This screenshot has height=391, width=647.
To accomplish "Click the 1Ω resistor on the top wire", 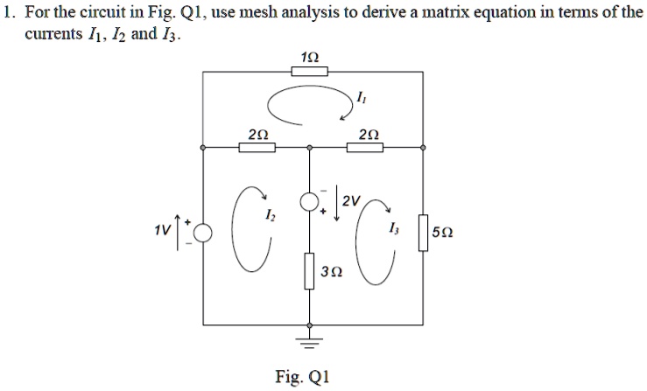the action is point(309,72).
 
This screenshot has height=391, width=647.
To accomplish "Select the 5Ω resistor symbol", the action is point(423,233).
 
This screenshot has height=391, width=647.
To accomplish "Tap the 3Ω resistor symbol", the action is point(309,271).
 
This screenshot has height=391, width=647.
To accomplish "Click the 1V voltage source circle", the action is point(202,233).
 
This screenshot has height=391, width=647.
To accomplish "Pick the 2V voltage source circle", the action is point(309,202).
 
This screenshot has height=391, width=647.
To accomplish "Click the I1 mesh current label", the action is point(360,98).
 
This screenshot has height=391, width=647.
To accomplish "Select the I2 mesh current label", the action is point(270,214).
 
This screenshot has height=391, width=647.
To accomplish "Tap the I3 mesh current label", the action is point(393,228).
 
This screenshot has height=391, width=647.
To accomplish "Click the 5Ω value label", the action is point(443,233).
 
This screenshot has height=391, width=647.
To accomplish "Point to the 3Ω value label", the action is point(332,271).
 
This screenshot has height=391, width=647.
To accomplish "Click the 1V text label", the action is point(162,230).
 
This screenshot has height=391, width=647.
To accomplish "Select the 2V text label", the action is point(351,201).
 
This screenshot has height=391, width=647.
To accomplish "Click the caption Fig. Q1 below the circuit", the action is point(302,376).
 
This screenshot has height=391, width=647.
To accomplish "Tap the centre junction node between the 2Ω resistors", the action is point(309,147).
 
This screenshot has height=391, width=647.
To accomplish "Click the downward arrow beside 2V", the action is point(337,203).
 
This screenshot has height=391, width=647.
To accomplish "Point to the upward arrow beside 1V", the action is point(178,232).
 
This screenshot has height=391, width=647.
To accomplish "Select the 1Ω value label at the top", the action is point(309,57).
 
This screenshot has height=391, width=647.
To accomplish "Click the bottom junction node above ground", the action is point(309,325).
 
